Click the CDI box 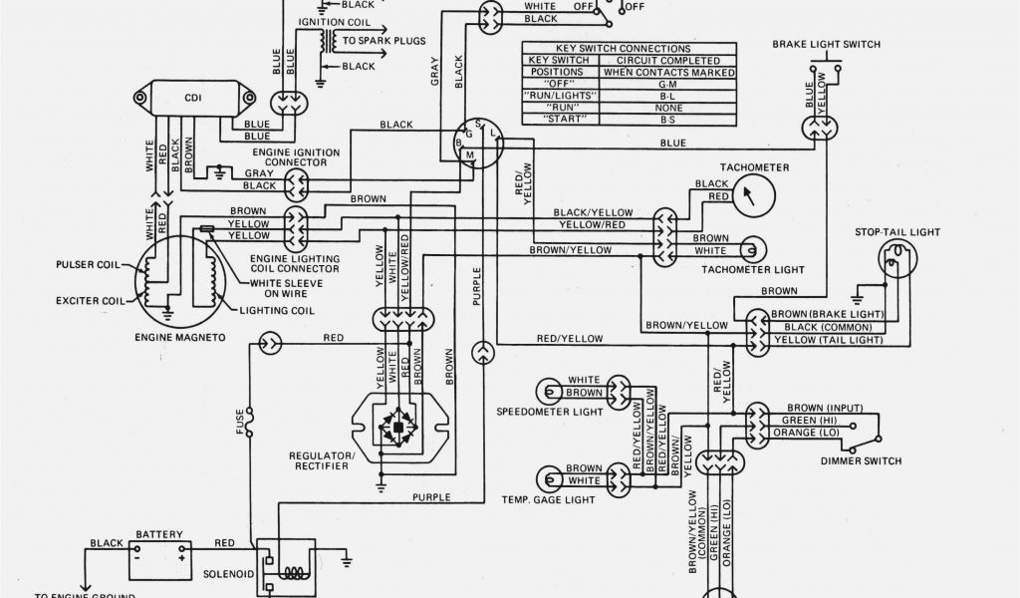tap(192, 98)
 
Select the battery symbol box tap(159, 559)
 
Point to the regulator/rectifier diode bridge tap(398, 429)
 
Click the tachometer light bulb tap(755, 248)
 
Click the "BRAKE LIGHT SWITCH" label tap(826, 44)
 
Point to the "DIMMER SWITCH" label tap(861, 461)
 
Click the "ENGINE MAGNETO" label tap(180, 338)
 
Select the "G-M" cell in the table tap(669, 84)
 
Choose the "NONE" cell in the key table tap(669, 107)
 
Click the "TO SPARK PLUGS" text tap(384, 42)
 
